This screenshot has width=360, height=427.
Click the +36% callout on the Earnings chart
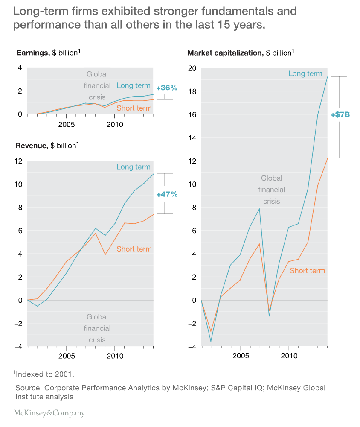(166, 88)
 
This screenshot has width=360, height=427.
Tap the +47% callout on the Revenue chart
(167, 194)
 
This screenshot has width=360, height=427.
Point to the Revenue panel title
(47, 146)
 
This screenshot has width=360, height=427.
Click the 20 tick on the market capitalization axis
(192, 68)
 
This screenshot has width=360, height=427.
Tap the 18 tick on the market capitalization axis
(192, 91)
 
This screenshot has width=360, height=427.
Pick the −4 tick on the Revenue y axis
(18, 346)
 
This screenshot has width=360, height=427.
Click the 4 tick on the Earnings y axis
(20, 68)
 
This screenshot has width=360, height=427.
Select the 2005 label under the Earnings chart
(67, 125)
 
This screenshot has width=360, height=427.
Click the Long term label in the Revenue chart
(134, 167)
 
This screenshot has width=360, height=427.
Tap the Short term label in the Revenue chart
(134, 249)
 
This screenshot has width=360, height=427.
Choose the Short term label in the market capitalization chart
(307, 270)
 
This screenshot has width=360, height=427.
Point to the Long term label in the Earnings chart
(134, 85)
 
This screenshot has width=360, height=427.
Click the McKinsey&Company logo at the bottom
(49, 413)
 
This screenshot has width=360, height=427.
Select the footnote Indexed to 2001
(44, 374)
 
